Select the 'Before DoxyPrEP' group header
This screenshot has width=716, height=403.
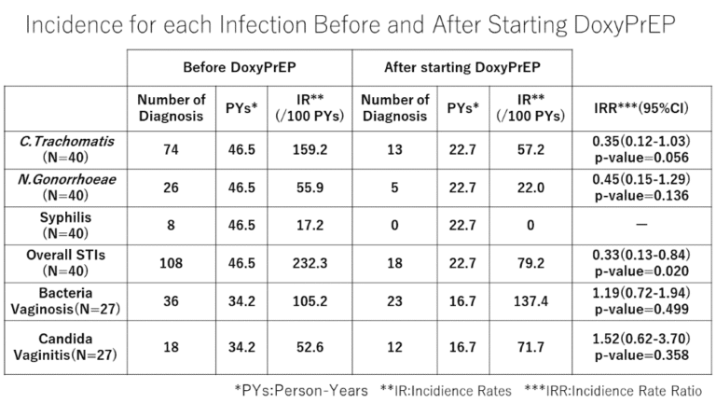coord(239,67)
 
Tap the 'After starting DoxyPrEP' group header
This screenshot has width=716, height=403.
coord(461,67)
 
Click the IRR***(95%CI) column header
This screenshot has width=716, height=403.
coord(640,108)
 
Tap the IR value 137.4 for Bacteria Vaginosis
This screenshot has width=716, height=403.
coord(528,300)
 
